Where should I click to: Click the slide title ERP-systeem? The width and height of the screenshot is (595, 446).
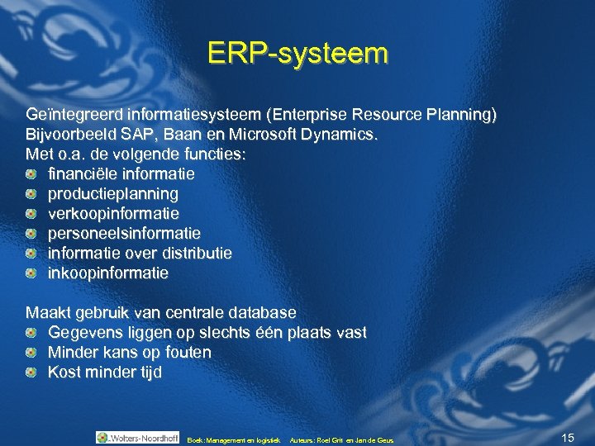click(297, 54)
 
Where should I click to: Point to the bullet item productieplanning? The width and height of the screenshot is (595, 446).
click(113, 194)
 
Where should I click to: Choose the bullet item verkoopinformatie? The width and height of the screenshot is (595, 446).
click(113, 214)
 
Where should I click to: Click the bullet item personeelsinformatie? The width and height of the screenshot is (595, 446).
click(124, 234)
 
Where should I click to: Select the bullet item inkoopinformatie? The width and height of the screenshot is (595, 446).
click(108, 273)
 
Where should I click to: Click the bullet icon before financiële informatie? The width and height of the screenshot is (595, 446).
click(31, 174)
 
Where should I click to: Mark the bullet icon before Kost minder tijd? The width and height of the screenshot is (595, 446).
click(31, 372)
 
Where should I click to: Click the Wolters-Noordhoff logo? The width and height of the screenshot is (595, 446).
click(137, 438)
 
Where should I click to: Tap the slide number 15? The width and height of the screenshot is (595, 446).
click(567, 437)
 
